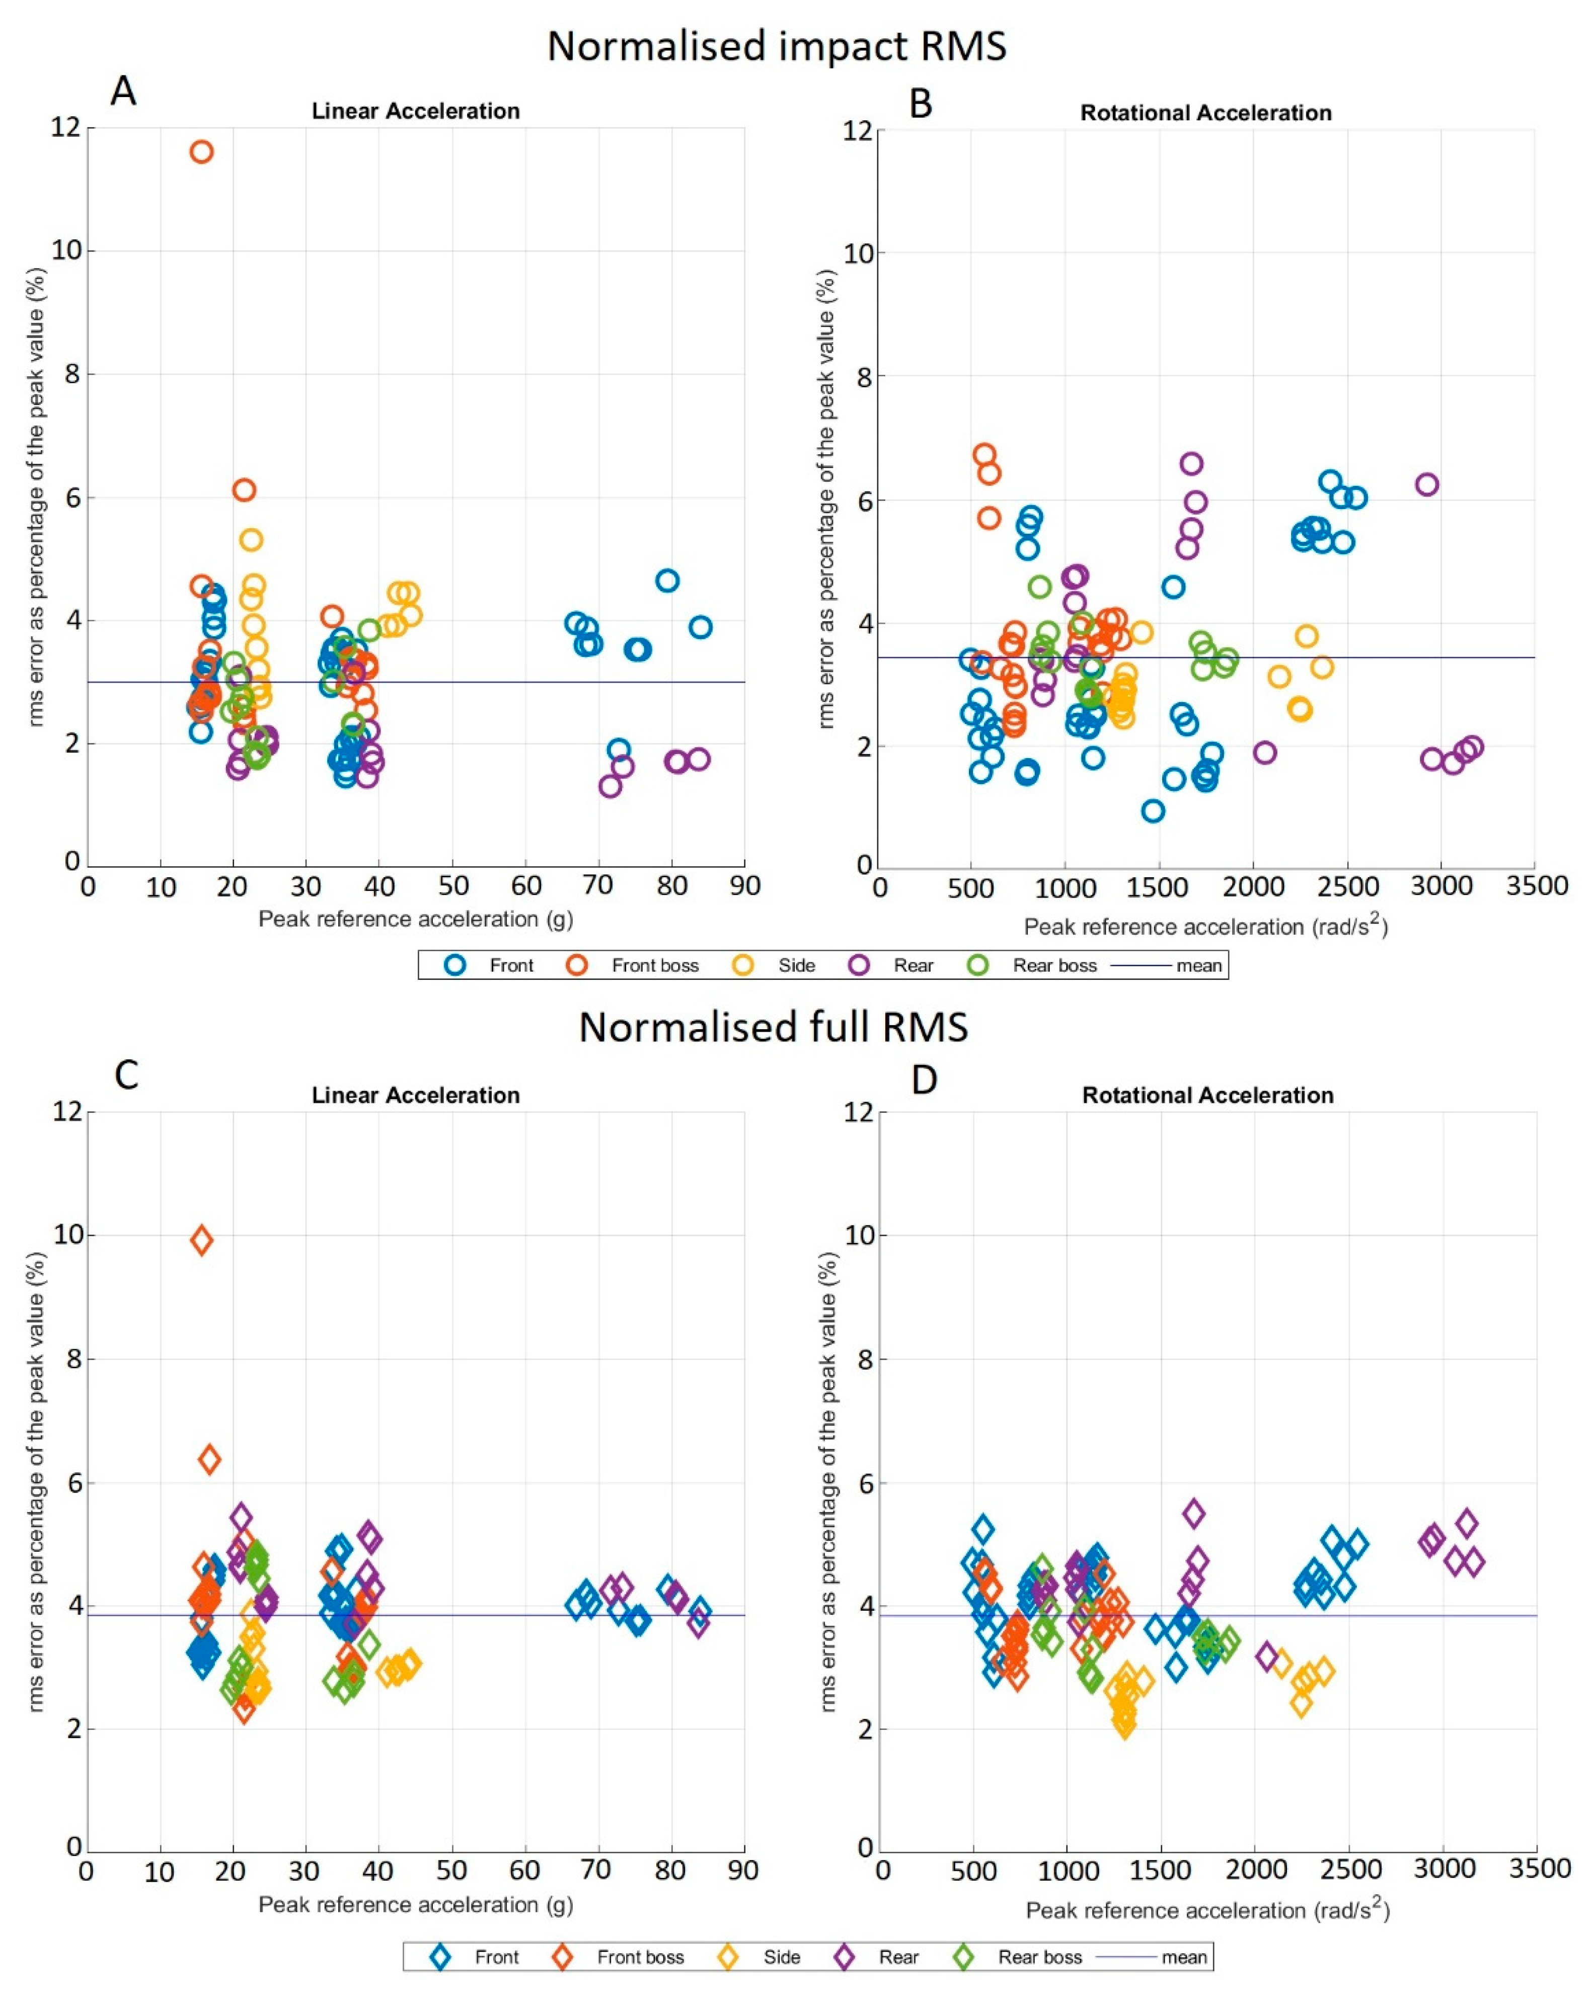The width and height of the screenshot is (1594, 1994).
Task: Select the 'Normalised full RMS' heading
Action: [774, 1028]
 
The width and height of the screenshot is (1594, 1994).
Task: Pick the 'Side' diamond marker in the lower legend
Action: [728, 1957]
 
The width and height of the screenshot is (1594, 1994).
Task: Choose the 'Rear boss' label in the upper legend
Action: [1054, 965]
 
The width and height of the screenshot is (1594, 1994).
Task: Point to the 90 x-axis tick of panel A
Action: [745, 886]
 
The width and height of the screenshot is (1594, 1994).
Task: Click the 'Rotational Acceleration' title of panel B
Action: [1205, 113]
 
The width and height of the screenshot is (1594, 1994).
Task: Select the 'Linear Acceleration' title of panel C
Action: [415, 1095]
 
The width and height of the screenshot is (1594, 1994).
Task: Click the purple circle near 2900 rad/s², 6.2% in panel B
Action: [1426, 484]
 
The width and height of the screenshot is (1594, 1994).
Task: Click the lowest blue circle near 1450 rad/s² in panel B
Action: [1153, 811]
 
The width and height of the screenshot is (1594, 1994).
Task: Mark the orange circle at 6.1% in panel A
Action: [243, 490]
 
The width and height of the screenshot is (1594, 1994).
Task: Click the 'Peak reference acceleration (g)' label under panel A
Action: [415, 920]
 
